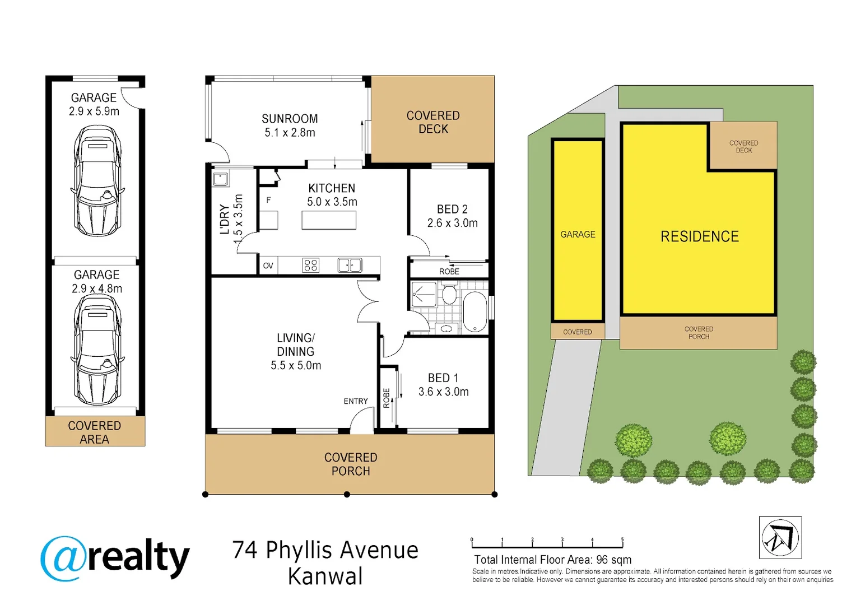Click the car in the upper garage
coord(97,180)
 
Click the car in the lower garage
coord(97,350)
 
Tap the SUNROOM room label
coord(290,119)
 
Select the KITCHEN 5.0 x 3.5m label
coord(332,195)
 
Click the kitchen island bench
coord(329,220)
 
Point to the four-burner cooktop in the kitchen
coord(311,265)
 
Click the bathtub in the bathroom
coord(475,312)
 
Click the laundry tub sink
coord(220,179)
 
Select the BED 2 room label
coord(452,210)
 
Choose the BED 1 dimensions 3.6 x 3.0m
coord(444,392)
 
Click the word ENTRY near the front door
coord(356,401)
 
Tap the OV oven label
coord(268,266)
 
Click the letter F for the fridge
coord(268,200)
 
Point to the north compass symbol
coord(780,538)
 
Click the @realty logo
coord(115,558)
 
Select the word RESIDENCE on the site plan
coord(700,236)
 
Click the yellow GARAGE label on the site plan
coord(578,234)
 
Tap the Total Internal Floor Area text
coord(552,560)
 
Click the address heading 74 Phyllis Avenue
coord(325,550)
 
